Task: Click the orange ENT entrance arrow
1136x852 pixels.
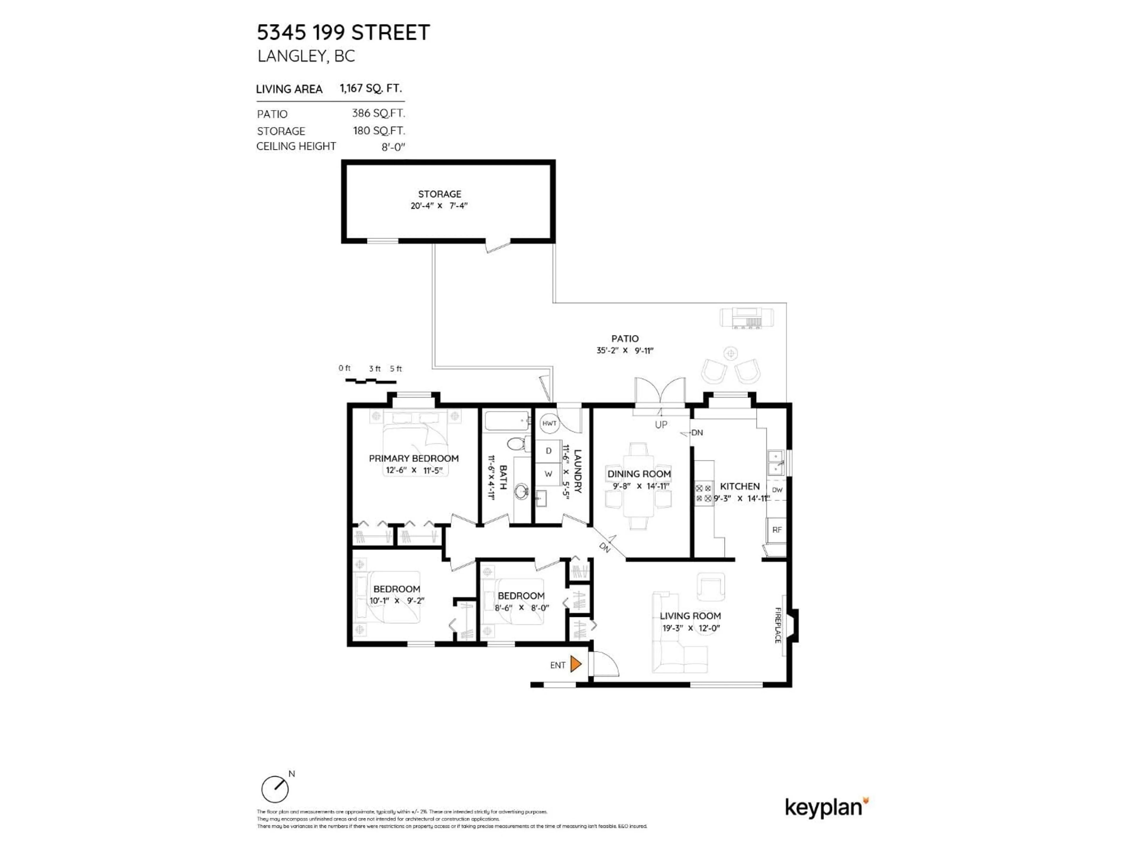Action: pyautogui.click(x=575, y=664)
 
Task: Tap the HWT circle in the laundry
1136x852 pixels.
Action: pyautogui.click(x=549, y=423)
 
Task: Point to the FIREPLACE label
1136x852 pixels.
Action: pyautogui.click(x=777, y=625)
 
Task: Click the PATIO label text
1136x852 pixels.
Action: pyautogui.click(x=625, y=338)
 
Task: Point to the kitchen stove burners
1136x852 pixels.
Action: pyautogui.click(x=703, y=493)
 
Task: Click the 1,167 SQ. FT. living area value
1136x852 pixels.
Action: pyautogui.click(x=370, y=88)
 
